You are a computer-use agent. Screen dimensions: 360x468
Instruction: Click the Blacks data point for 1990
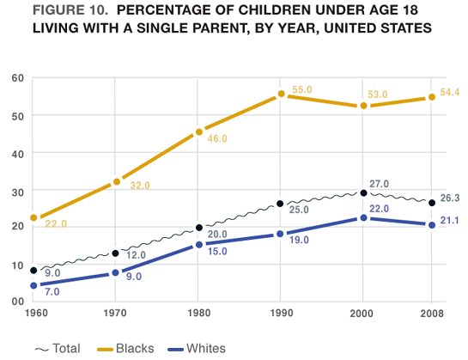click(281, 95)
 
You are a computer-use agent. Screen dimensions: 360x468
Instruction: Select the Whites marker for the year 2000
click(364, 218)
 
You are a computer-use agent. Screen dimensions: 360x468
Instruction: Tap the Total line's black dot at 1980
click(199, 228)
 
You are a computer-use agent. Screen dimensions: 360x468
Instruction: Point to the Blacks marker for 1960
click(33, 218)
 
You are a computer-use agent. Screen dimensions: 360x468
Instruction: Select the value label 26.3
click(450, 198)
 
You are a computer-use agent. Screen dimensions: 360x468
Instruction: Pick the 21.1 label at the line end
click(450, 221)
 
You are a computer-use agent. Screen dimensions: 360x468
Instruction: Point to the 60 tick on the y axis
click(17, 78)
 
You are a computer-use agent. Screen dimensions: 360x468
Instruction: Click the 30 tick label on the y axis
click(17, 190)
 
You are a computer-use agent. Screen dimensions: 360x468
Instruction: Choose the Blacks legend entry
click(129, 348)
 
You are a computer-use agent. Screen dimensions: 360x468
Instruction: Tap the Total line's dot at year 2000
click(364, 193)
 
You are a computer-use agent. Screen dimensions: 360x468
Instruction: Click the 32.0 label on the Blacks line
click(138, 185)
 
